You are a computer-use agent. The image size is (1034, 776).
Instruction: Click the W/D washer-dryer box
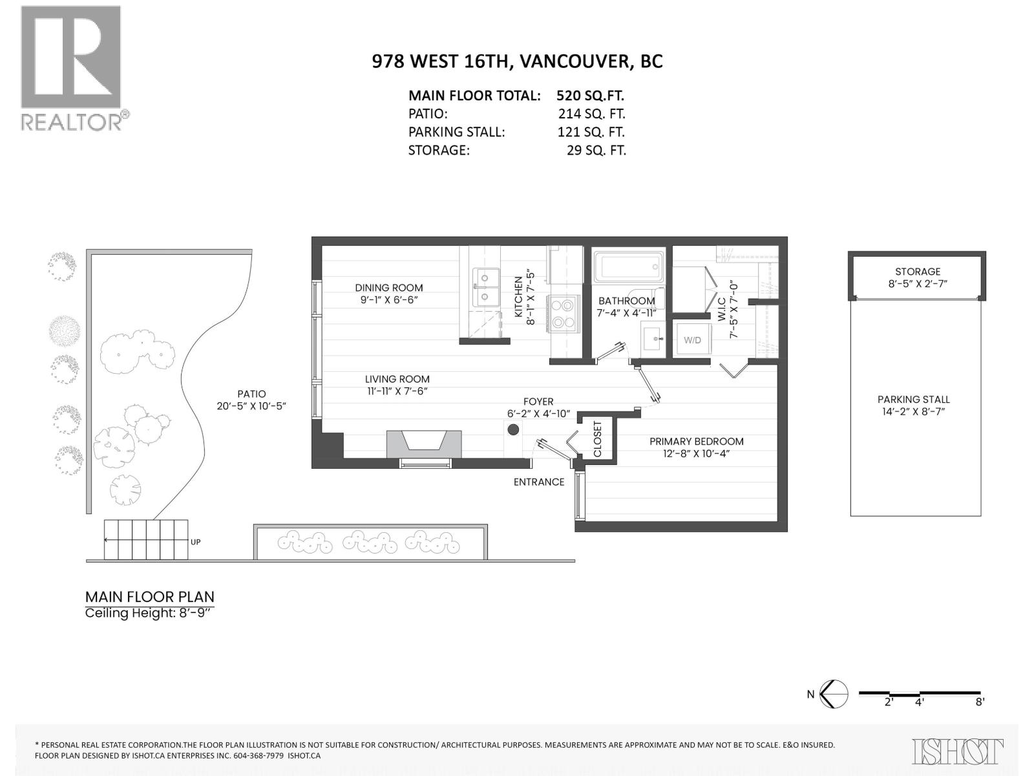pyautogui.click(x=692, y=339)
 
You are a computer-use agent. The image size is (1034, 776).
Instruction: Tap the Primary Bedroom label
pyautogui.click(x=696, y=442)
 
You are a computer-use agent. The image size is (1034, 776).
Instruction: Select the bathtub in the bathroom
pyautogui.click(x=628, y=266)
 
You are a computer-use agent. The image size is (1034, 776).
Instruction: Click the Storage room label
pyautogui.click(x=917, y=272)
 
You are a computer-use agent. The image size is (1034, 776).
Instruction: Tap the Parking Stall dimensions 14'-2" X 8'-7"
pyautogui.click(x=913, y=412)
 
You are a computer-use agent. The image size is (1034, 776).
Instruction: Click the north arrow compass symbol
pyautogui.click(x=834, y=695)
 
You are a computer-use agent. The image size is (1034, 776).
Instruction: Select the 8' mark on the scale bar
pyautogui.click(x=980, y=702)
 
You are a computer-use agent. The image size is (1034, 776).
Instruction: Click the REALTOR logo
pyautogui.click(x=71, y=68)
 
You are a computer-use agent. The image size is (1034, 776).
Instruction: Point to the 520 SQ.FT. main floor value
pyautogui.click(x=590, y=96)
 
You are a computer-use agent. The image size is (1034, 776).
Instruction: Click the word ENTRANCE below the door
pyautogui.click(x=538, y=482)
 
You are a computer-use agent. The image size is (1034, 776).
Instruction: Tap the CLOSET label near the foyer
pyautogui.click(x=598, y=439)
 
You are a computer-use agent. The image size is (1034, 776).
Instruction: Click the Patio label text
pyautogui.click(x=251, y=394)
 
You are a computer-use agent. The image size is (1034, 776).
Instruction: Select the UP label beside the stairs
pyautogui.click(x=195, y=542)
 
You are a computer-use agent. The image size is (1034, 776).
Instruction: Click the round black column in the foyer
pyautogui.click(x=513, y=429)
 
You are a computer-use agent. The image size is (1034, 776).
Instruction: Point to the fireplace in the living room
pyautogui.click(x=424, y=444)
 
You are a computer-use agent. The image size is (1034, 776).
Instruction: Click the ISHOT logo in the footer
pyautogui.click(x=957, y=751)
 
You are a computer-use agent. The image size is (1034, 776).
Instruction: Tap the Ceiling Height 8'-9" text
pyautogui.click(x=149, y=612)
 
